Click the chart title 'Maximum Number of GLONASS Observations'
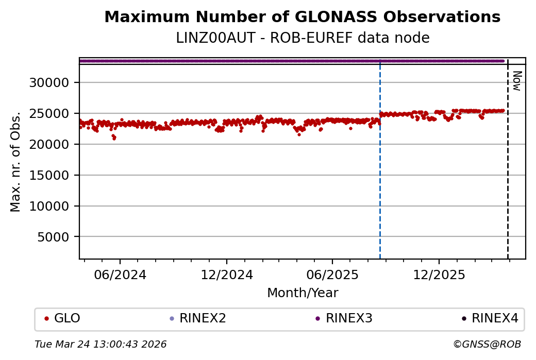click(x=302, y=17)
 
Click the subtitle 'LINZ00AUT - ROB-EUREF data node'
click(x=303, y=38)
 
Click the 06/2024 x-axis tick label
click(x=121, y=275)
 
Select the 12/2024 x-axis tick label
click(x=227, y=275)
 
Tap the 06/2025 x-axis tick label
click(x=332, y=275)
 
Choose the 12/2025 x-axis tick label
click(x=439, y=275)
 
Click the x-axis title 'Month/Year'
click(x=303, y=293)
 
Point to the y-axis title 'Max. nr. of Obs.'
click(x=16, y=162)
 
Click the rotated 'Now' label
click(x=516, y=81)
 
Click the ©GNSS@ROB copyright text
click(x=487, y=344)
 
